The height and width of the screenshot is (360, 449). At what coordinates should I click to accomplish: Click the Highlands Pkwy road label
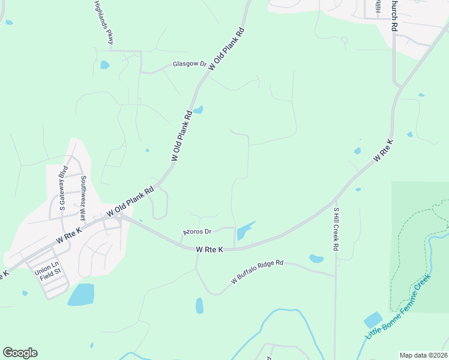point(103,22)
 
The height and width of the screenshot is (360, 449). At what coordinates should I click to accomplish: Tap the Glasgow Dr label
point(189,64)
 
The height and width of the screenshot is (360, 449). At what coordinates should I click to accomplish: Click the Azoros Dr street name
point(197,232)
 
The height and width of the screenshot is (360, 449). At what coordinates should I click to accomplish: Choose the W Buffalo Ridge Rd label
point(257,272)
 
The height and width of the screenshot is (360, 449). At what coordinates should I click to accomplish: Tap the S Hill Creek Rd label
point(337,229)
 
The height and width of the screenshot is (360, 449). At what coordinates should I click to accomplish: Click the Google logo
point(20,353)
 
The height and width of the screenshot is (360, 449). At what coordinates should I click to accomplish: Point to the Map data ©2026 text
point(423,355)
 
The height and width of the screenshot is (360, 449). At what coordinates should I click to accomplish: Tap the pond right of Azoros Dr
point(245,232)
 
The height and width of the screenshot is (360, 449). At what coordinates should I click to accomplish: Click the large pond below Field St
point(81,295)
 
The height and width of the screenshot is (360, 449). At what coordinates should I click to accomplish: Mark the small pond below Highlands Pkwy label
point(104,65)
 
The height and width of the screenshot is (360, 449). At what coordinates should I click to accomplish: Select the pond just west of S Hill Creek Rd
point(316,259)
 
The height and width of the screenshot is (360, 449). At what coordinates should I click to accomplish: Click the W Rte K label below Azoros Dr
point(209,249)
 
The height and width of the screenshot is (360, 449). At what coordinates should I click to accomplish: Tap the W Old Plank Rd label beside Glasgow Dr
point(228,49)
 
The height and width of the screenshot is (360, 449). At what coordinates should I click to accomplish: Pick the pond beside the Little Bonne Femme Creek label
point(373,320)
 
